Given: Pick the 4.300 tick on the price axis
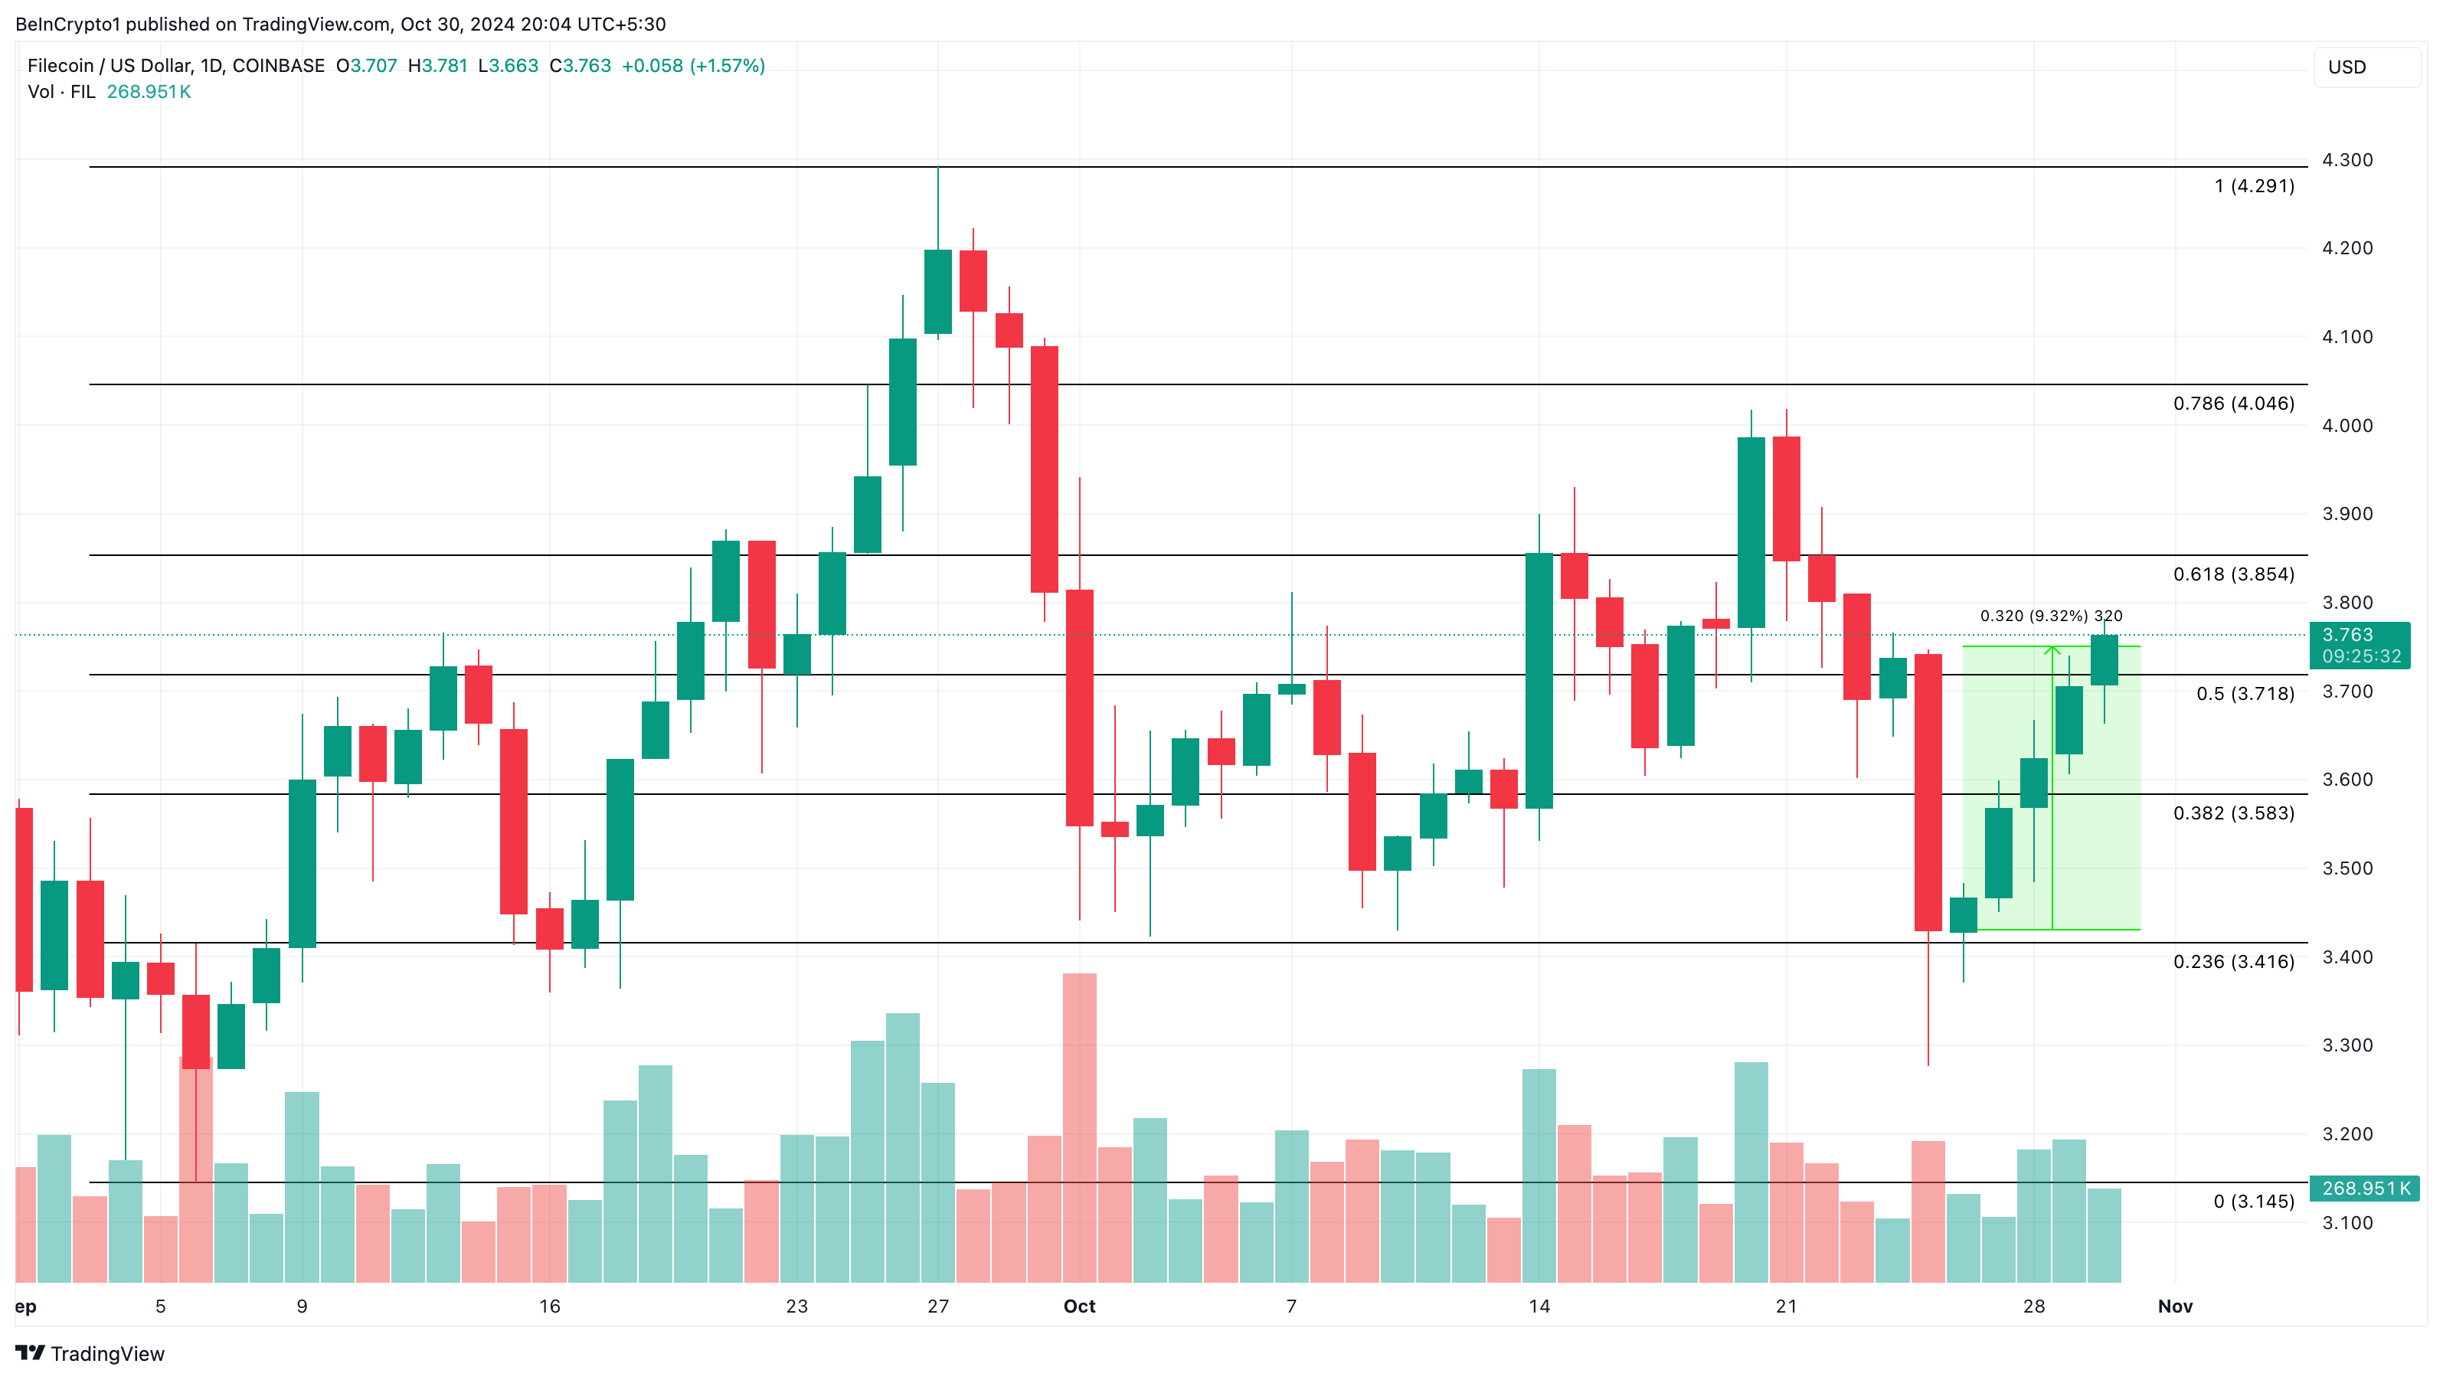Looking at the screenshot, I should [x=2347, y=159].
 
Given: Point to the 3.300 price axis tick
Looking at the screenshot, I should [x=2347, y=1045].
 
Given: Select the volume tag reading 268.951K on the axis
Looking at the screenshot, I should [x=2365, y=1189].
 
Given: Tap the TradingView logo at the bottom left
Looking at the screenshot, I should [x=90, y=1353].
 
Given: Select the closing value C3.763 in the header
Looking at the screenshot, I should [x=580, y=65].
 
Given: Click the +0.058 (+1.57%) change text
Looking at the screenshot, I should [x=692, y=65].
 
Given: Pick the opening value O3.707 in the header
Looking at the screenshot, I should [x=366, y=65].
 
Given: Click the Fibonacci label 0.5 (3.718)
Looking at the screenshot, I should [x=2245, y=693].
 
